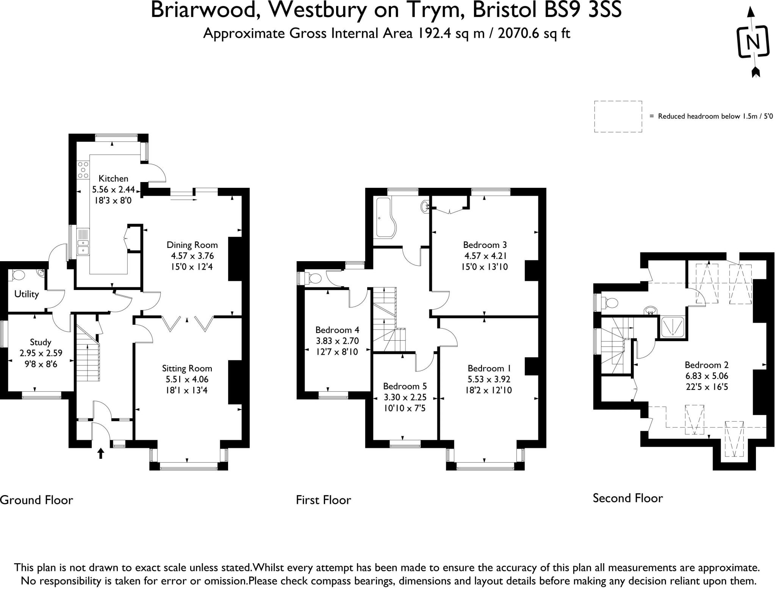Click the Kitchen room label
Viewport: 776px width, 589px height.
pyautogui.click(x=113, y=178)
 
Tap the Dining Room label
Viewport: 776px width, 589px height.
pyautogui.click(x=192, y=245)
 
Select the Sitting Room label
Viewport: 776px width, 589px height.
pyautogui.click(x=187, y=368)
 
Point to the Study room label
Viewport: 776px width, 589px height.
pyautogui.click(x=41, y=342)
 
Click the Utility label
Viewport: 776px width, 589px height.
pyautogui.click(x=27, y=294)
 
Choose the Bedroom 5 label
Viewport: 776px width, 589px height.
pyautogui.click(x=405, y=386)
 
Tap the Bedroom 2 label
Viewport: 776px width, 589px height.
pyautogui.click(x=706, y=365)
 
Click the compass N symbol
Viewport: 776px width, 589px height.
pyautogui.click(x=753, y=42)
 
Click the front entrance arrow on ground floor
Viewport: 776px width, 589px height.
pyautogui.click(x=101, y=453)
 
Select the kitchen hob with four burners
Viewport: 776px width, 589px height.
pyautogui.click(x=83, y=170)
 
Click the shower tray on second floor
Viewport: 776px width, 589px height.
pyautogui.click(x=673, y=327)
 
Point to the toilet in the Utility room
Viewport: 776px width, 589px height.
pyautogui.click(x=17, y=275)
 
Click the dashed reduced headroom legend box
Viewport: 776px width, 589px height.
pyautogui.click(x=618, y=117)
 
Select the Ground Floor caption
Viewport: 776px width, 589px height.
pyautogui.click(x=36, y=500)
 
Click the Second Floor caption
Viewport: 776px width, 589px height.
pyautogui.click(x=627, y=498)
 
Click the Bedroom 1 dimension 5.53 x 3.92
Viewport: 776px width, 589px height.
pyautogui.click(x=488, y=379)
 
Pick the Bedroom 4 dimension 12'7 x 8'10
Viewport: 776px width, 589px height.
pyautogui.click(x=337, y=352)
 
